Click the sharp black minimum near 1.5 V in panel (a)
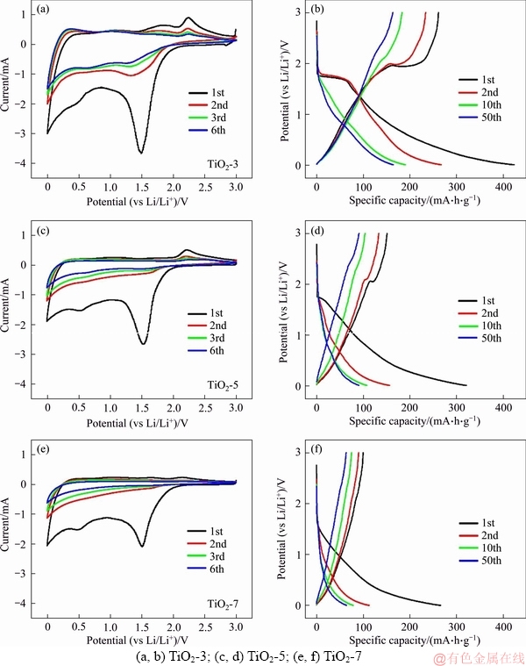click(140, 153)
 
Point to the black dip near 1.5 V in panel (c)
click(143, 343)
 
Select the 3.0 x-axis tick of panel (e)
click(236, 627)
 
